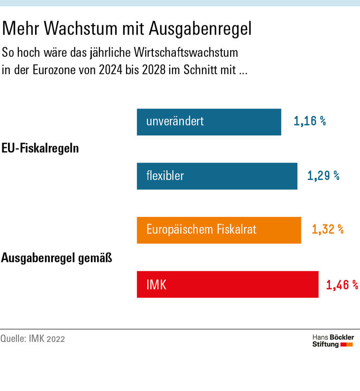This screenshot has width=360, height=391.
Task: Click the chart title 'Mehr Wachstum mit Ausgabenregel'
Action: [127, 29]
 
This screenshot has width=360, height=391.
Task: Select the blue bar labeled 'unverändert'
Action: [209, 122]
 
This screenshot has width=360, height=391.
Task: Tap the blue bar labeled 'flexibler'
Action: [217, 176]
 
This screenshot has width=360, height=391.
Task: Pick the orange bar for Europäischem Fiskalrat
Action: [218, 230]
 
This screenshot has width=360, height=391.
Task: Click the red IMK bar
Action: [227, 285]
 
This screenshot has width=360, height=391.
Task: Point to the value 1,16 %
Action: [309, 121]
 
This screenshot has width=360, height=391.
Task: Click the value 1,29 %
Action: [323, 176]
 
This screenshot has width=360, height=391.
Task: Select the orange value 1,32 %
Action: [327, 230]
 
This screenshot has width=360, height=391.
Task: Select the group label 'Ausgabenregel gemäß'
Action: [57, 257]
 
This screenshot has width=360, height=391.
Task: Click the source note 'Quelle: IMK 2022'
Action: [33, 338]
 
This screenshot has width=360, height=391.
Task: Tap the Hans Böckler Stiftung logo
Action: [333, 341]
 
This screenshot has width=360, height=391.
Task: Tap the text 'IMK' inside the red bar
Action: [156, 285]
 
